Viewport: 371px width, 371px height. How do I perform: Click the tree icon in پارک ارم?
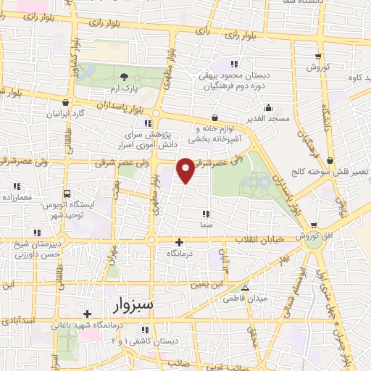point(124,78)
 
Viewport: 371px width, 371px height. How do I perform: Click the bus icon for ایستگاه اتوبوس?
point(67,194)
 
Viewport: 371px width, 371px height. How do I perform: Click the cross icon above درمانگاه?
point(180,241)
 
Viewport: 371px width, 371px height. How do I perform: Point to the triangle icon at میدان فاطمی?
point(245,287)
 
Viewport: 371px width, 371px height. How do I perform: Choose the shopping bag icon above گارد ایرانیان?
point(67,102)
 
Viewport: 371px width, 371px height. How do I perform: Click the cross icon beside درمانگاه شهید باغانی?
point(88,314)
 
